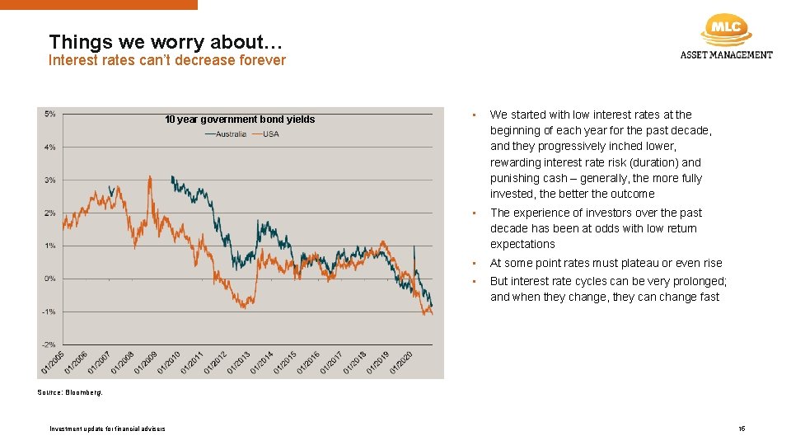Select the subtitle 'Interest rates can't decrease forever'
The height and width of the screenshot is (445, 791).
coord(167,60)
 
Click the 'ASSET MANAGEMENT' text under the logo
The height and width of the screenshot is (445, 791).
coord(726,55)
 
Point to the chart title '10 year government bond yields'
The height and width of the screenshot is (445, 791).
coord(240,119)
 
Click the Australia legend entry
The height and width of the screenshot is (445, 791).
coord(225,134)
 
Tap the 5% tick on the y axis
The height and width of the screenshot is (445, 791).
coord(50,114)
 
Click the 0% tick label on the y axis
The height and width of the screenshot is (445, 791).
coord(50,279)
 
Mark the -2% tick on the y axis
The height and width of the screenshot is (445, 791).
coord(49,344)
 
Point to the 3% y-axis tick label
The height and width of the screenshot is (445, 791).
coord(50,180)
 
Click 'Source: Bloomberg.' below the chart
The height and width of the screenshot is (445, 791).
coord(70,393)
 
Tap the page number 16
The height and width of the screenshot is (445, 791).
coord(742,429)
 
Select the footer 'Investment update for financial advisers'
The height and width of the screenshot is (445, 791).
coord(107,429)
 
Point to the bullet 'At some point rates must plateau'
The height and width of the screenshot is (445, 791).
coord(606,263)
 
